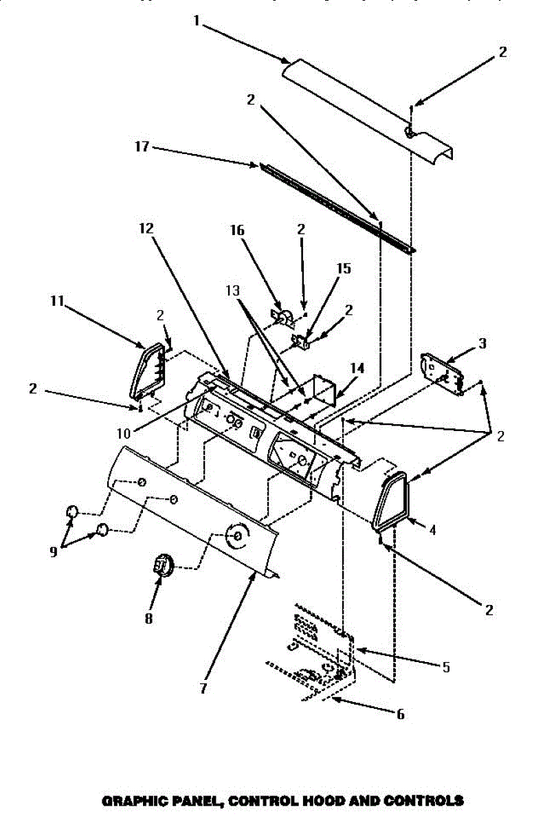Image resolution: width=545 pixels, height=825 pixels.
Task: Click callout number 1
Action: point(197,21)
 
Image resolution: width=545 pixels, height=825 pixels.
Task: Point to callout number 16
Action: point(237,230)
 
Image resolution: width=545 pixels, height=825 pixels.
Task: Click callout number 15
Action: point(343,268)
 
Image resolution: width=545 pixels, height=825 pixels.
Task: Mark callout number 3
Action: point(482,342)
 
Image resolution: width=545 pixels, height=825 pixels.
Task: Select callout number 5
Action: point(446,666)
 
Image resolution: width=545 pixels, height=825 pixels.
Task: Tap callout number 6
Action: point(400,714)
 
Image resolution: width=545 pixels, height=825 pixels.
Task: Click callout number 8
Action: point(148,617)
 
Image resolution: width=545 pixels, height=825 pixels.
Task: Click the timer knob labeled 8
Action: point(162,565)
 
